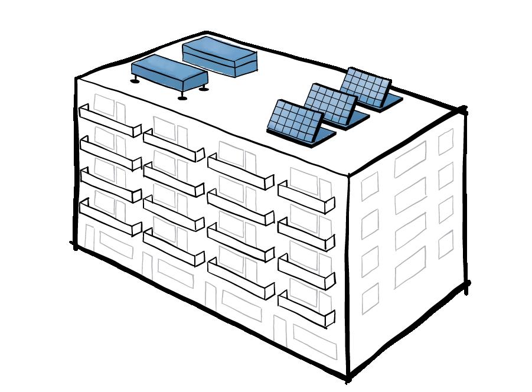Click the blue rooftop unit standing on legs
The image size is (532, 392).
coord(168,73)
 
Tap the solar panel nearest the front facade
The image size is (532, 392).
coord(298,123)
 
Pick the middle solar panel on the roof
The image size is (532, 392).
coord(334,106)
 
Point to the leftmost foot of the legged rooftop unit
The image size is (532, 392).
coord(135,80)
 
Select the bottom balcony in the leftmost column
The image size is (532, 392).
coord(110,219)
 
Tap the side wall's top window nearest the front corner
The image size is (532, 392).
coord(370,186)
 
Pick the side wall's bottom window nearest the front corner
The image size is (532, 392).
coord(370,298)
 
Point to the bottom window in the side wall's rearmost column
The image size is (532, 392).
coord(446,244)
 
